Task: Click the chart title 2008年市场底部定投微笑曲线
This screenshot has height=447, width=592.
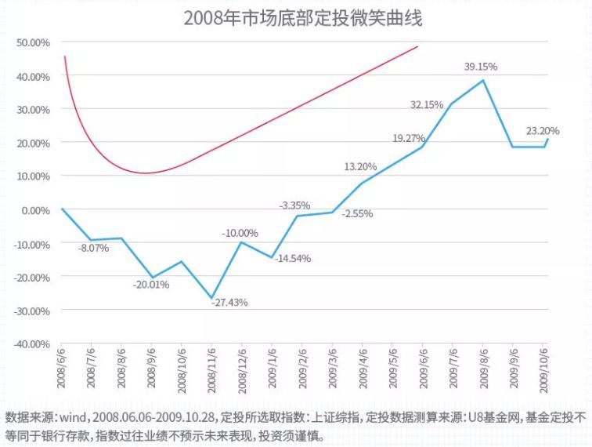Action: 302,17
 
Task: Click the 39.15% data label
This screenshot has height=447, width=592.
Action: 481,67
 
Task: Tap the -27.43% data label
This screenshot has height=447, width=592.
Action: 229,303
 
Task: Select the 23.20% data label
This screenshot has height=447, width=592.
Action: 543,131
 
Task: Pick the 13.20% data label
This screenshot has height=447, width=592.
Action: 360,166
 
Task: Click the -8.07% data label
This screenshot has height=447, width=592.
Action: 93,249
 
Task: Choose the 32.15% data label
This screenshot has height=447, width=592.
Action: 428,104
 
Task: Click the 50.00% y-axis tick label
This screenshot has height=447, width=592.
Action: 33,42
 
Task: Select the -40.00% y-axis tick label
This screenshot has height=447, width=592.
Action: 32,344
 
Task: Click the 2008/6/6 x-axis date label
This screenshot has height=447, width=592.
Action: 60,369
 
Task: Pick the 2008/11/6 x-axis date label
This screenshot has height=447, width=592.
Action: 211,369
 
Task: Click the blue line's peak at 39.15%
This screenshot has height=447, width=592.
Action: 483,80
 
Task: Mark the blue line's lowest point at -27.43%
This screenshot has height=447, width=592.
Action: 211,298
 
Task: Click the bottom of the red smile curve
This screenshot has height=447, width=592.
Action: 146,173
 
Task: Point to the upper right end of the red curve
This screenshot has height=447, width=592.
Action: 417,46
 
